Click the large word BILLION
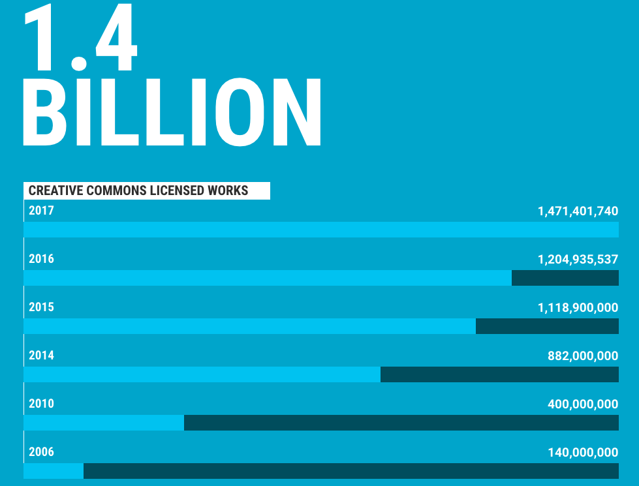coord(172,112)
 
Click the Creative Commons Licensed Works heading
coord(138,190)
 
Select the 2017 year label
coord(41,211)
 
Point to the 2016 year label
coord(41,259)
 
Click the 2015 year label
coord(41,307)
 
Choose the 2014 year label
coord(41,356)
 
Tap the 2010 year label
coord(41,404)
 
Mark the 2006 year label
coord(41,452)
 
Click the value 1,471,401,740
coord(578,211)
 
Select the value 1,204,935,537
coord(578,260)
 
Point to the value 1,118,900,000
coord(578,308)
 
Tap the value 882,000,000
coord(583,356)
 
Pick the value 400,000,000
coord(583,404)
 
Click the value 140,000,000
coord(583,453)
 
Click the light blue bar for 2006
coord(54,471)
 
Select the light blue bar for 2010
coord(104,423)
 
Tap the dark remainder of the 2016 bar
coord(565,278)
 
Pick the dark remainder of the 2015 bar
coord(547,326)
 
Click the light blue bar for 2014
coord(202,374)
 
